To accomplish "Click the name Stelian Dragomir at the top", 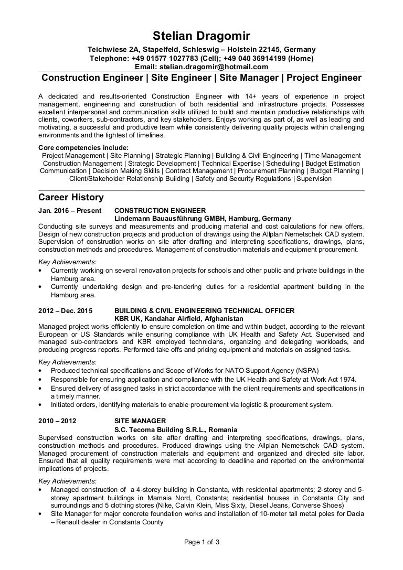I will click(201, 36).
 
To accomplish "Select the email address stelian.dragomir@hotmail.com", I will click(220, 67).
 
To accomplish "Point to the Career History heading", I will click(71, 198).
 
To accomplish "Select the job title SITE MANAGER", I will click(140, 421).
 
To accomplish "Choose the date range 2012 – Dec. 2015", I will click(66, 310).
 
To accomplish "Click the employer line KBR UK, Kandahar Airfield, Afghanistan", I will click(178, 318).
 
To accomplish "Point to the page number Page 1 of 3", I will click(201, 542).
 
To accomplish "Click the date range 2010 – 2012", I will click(58, 421).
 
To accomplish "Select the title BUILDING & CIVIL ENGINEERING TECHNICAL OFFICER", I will click(204, 310).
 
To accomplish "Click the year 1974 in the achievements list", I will click(345, 379).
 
